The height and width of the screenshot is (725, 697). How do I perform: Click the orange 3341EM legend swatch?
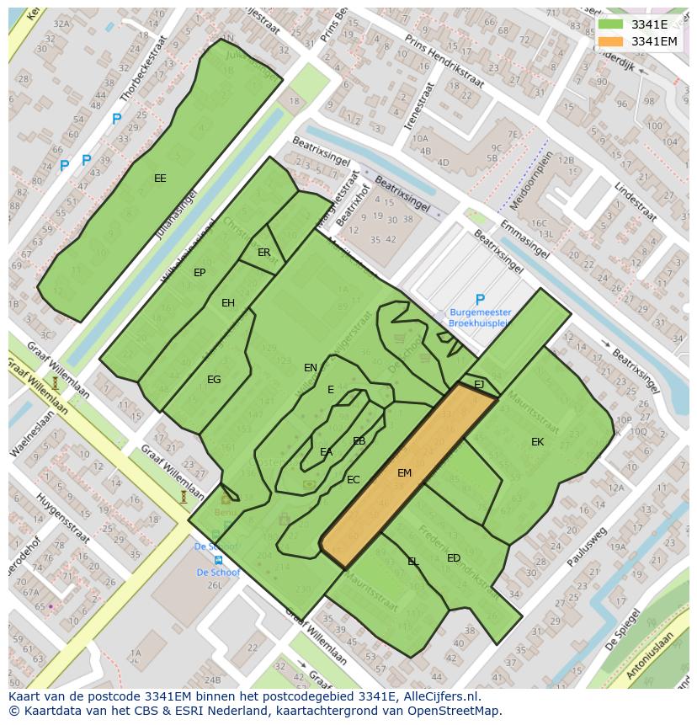pos(612,41)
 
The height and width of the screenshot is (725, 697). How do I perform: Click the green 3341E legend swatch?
pos(612,24)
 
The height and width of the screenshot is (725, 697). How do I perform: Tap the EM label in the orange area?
pos(404,473)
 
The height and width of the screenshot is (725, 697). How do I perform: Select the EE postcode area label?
pos(160,179)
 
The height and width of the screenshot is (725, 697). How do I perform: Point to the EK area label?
pos(537,442)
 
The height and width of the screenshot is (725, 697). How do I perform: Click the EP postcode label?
pos(200,273)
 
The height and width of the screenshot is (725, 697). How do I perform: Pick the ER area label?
pos(264,253)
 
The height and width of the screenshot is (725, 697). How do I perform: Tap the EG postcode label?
pos(214,380)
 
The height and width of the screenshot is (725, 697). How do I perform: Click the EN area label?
pos(311,368)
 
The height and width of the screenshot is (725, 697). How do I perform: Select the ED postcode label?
pos(454,558)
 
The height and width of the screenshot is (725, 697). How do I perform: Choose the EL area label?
pos(413,562)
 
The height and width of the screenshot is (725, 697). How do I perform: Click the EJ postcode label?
pos(479,384)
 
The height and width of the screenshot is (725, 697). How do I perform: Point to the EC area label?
pos(354,480)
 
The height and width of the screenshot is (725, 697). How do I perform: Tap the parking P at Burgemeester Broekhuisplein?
pos(480,300)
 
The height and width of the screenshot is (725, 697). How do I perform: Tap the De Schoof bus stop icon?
pos(218,559)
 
